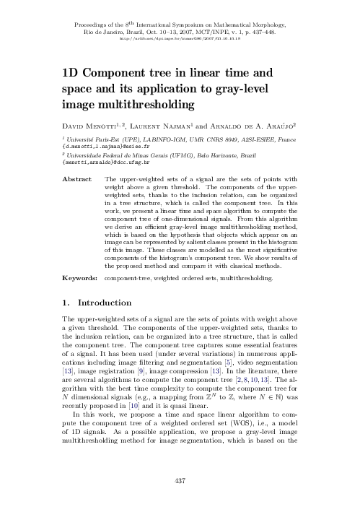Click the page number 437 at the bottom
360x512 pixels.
click(180, 479)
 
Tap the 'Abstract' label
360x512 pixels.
click(78, 177)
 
